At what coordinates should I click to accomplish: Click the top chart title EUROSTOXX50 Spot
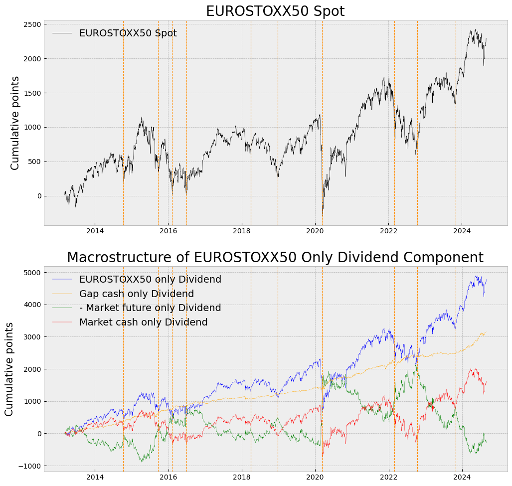[x=275, y=11]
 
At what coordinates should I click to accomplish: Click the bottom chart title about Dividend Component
[x=275, y=258]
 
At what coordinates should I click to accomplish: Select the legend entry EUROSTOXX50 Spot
[x=128, y=33]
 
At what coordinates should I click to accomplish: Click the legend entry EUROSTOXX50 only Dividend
[x=150, y=280]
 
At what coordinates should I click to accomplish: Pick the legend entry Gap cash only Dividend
[x=136, y=294]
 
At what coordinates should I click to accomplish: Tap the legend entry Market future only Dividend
[x=150, y=308]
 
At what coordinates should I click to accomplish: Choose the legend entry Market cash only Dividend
[x=143, y=323]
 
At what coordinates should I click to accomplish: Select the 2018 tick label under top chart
[x=242, y=231]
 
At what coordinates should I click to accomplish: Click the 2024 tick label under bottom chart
[x=462, y=477]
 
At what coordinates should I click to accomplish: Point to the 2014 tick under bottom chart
[x=95, y=477]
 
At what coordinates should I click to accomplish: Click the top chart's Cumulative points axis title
[x=15, y=123]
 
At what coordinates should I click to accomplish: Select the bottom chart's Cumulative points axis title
[x=9, y=369]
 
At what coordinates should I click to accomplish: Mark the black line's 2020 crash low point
[x=323, y=216]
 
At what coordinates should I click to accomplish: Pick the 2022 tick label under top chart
[x=388, y=231]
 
